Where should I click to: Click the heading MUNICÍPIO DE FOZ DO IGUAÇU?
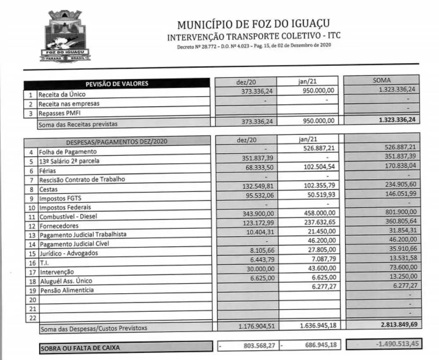click(253, 24)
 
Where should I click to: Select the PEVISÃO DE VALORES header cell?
click(117, 83)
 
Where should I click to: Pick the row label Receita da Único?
click(62, 94)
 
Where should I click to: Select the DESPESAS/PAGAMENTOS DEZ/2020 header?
click(116, 142)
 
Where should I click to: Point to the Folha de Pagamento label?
click(68, 151)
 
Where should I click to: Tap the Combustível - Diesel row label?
click(68, 216)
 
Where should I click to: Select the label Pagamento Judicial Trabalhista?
click(83, 234)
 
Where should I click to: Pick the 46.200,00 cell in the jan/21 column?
click(321, 240)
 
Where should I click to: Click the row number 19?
click(32, 291)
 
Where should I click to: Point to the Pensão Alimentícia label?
click(66, 290)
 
